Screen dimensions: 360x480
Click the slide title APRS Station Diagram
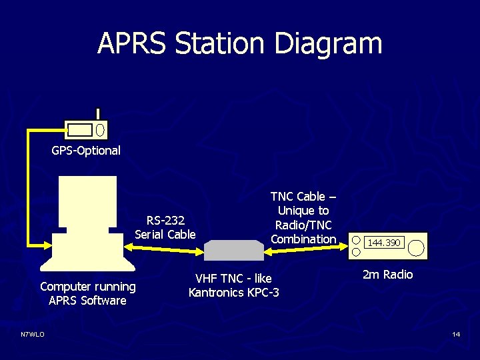pyautogui.click(x=240, y=44)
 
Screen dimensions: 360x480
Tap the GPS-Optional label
pyautogui.click(x=86, y=151)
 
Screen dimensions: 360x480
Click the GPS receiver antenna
pyautogui.click(x=98, y=114)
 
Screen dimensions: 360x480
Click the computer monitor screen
pyautogui.click(x=87, y=200)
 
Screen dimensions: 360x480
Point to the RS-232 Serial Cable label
pyautogui.click(x=165, y=227)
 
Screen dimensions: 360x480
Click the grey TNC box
pyautogui.click(x=233, y=251)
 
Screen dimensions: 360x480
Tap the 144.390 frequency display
pyautogui.click(x=385, y=243)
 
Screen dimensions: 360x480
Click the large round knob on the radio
pyautogui.click(x=415, y=247)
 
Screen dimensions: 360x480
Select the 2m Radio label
pyautogui.click(x=387, y=275)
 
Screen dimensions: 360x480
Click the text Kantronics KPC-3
pyautogui.click(x=234, y=293)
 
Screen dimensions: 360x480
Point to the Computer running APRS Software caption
pyautogui.click(x=87, y=294)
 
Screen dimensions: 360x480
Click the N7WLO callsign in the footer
pyautogui.click(x=32, y=334)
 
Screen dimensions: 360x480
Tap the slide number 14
pyautogui.click(x=456, y=334)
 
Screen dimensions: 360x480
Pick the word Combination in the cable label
pyautogui.click(x=303, y=239)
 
